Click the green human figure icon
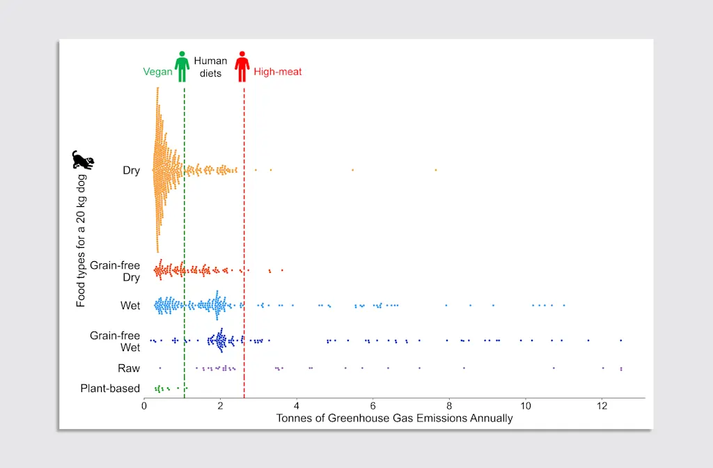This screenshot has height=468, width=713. (182, 66)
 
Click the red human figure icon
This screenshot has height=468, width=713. (242, 66)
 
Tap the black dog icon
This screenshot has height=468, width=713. (83, 160)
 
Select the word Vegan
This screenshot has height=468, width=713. (157, 72)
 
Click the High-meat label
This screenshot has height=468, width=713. (277, 72)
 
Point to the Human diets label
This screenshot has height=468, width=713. (210, 67)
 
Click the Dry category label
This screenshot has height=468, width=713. (131, 171)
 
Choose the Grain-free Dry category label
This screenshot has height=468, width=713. (115, 272)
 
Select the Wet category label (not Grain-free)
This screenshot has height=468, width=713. (130, 306)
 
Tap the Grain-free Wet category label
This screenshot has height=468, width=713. (115, 341)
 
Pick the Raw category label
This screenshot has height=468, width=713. (129, 368)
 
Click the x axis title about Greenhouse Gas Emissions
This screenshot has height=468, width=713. (394, 419)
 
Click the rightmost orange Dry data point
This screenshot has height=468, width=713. (436, 170)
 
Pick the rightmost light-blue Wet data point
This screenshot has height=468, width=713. (564, 305)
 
